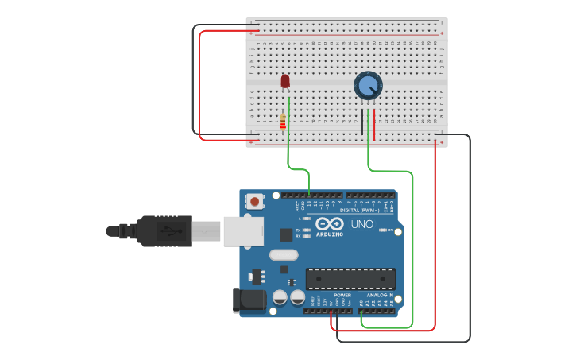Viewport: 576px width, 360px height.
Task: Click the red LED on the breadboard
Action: coord(286,81)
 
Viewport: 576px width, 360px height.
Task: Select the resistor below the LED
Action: coord(283,122)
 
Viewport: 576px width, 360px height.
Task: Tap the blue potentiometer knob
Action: coord(367,84)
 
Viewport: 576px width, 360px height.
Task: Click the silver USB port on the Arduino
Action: coord(242,230)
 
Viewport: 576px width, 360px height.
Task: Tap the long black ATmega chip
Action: coord(350,279)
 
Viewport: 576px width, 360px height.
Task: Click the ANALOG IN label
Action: coord(379,295)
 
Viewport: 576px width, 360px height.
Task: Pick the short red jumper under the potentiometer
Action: coord(374,125)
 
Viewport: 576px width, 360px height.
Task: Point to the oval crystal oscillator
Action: coord(284,255)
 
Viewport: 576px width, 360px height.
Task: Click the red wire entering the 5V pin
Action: coord(332,317)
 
